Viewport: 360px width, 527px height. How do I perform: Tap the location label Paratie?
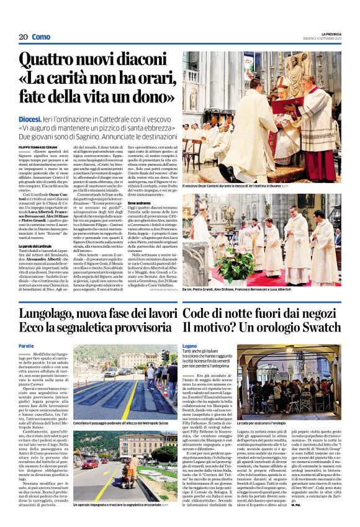click(x=26, y=346)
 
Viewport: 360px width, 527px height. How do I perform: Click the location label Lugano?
click(x=189, y=346)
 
